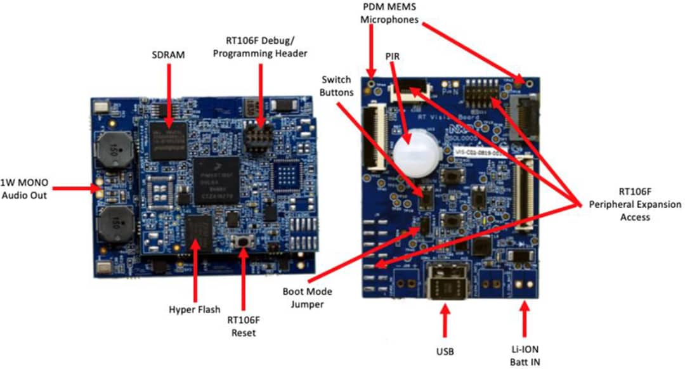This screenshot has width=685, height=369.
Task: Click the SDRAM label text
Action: pos(169,55)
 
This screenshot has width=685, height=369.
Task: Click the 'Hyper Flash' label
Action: pos(194,310)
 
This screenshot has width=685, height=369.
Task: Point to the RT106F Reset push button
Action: pos(243,242)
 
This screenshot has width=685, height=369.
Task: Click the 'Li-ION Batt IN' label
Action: pos(525,355)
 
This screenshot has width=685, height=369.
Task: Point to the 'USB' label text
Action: pos(445,350)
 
